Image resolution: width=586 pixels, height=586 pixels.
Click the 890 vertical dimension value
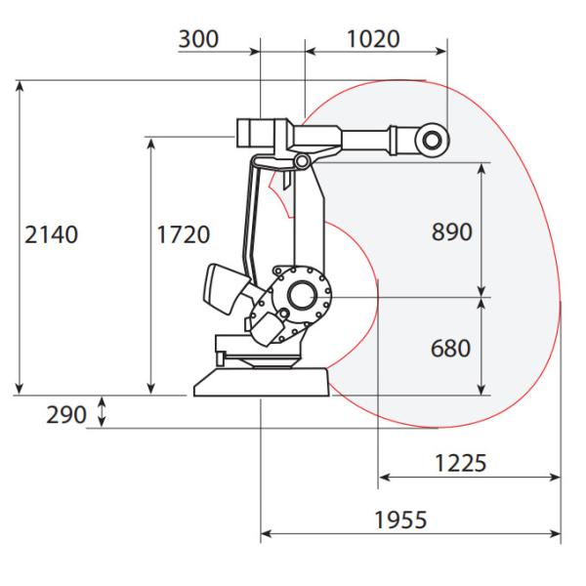451,231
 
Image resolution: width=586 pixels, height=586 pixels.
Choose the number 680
451,348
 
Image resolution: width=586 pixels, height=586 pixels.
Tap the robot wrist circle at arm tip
430,141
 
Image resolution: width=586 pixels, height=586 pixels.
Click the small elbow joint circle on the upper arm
302,159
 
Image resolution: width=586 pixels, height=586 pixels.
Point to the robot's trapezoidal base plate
263,382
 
